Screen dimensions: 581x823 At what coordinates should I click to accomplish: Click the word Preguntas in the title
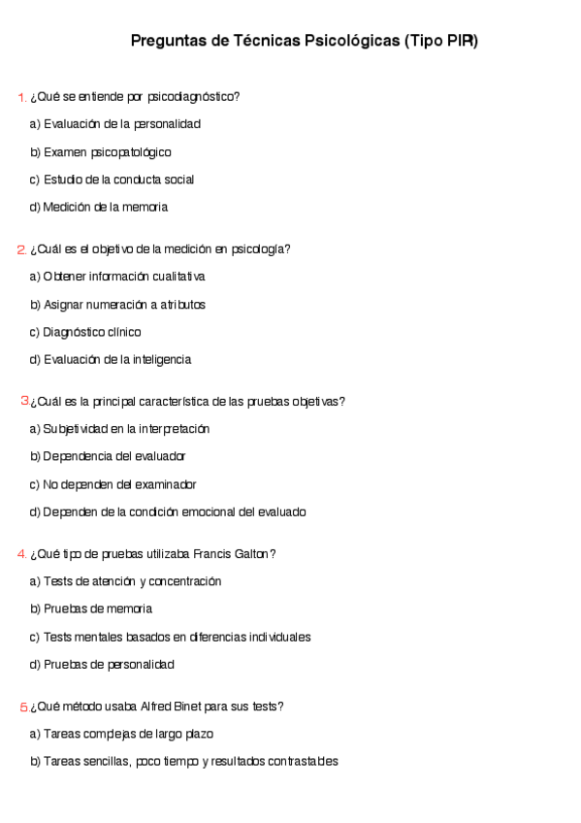[168, 42]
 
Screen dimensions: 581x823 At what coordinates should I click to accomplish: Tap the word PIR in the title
[461, 42]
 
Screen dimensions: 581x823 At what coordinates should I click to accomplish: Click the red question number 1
[22, 97]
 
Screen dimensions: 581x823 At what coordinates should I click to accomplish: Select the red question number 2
[22, 249]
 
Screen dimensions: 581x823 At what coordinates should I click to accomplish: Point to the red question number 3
[25, 401]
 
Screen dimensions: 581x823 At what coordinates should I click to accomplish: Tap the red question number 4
[22, 554]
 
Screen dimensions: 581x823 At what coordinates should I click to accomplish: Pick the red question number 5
[24, 707]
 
